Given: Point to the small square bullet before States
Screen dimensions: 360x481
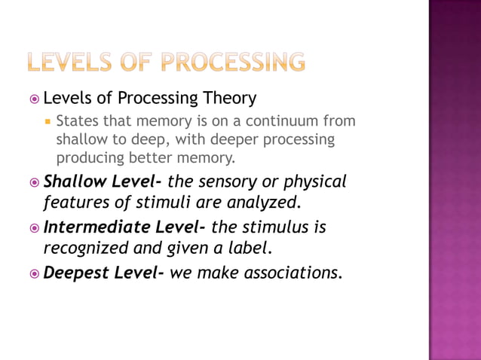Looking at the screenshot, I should pyautogui.click(x=47, y=121).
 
